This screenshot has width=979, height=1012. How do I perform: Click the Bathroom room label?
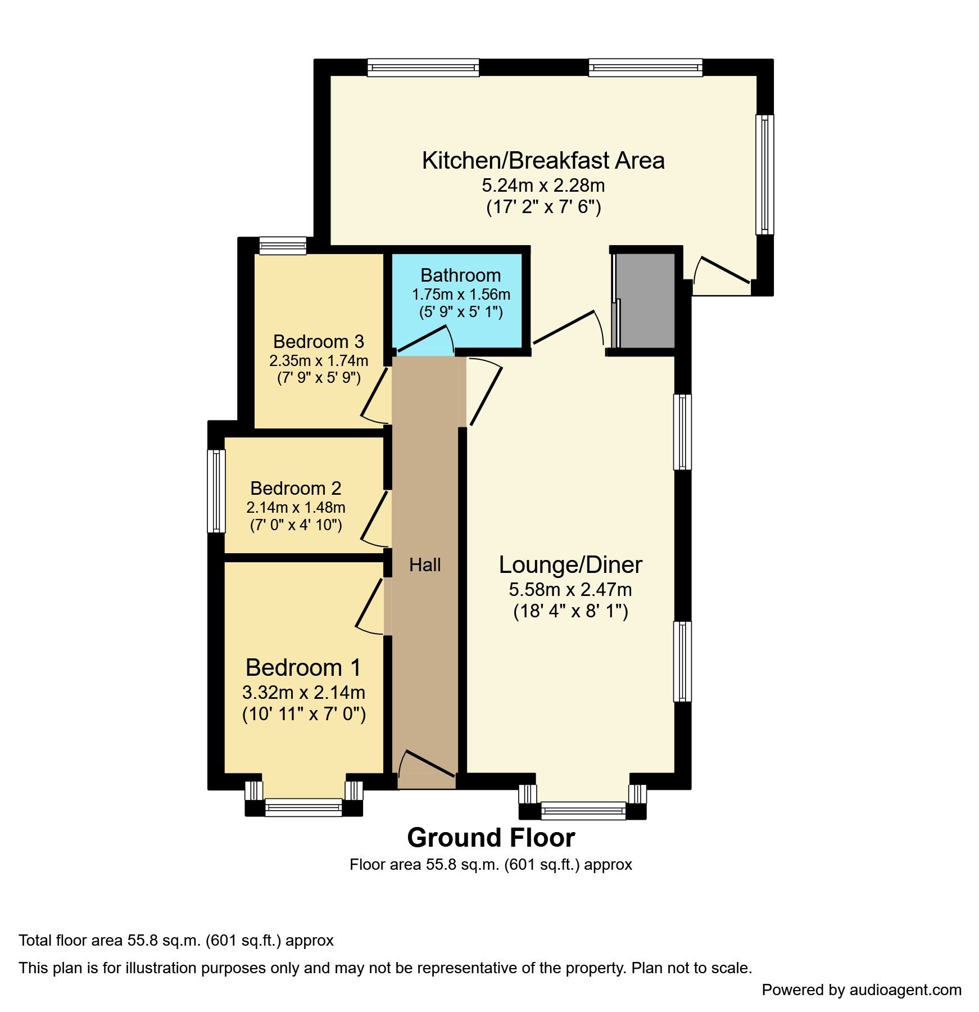coord(460,275)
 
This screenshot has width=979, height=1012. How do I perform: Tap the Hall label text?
coord(425,564)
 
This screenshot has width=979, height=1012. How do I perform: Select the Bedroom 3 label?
coord(318,341)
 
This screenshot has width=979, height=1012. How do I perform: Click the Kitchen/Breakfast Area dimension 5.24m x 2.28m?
coord(543,185)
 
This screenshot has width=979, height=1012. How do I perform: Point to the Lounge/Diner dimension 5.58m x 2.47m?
coord(570,589)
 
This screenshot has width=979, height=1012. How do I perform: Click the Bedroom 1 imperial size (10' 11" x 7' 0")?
coord(304,714)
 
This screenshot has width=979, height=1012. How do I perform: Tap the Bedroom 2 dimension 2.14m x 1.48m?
coord(296,507)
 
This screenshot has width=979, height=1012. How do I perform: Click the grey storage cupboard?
coord(646,300)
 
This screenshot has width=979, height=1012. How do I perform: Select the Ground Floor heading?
coord(491,838)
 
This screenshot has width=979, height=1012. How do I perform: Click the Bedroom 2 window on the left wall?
coord(216,490)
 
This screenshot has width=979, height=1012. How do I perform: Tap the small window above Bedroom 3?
coord(283,246)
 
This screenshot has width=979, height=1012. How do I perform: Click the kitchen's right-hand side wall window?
coord(764,174)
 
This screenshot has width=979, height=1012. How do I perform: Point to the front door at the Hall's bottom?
coord(427,767)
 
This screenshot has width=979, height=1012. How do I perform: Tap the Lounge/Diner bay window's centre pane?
coord(583,810)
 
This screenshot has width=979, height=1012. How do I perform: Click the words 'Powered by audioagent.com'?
coord(861,990)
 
